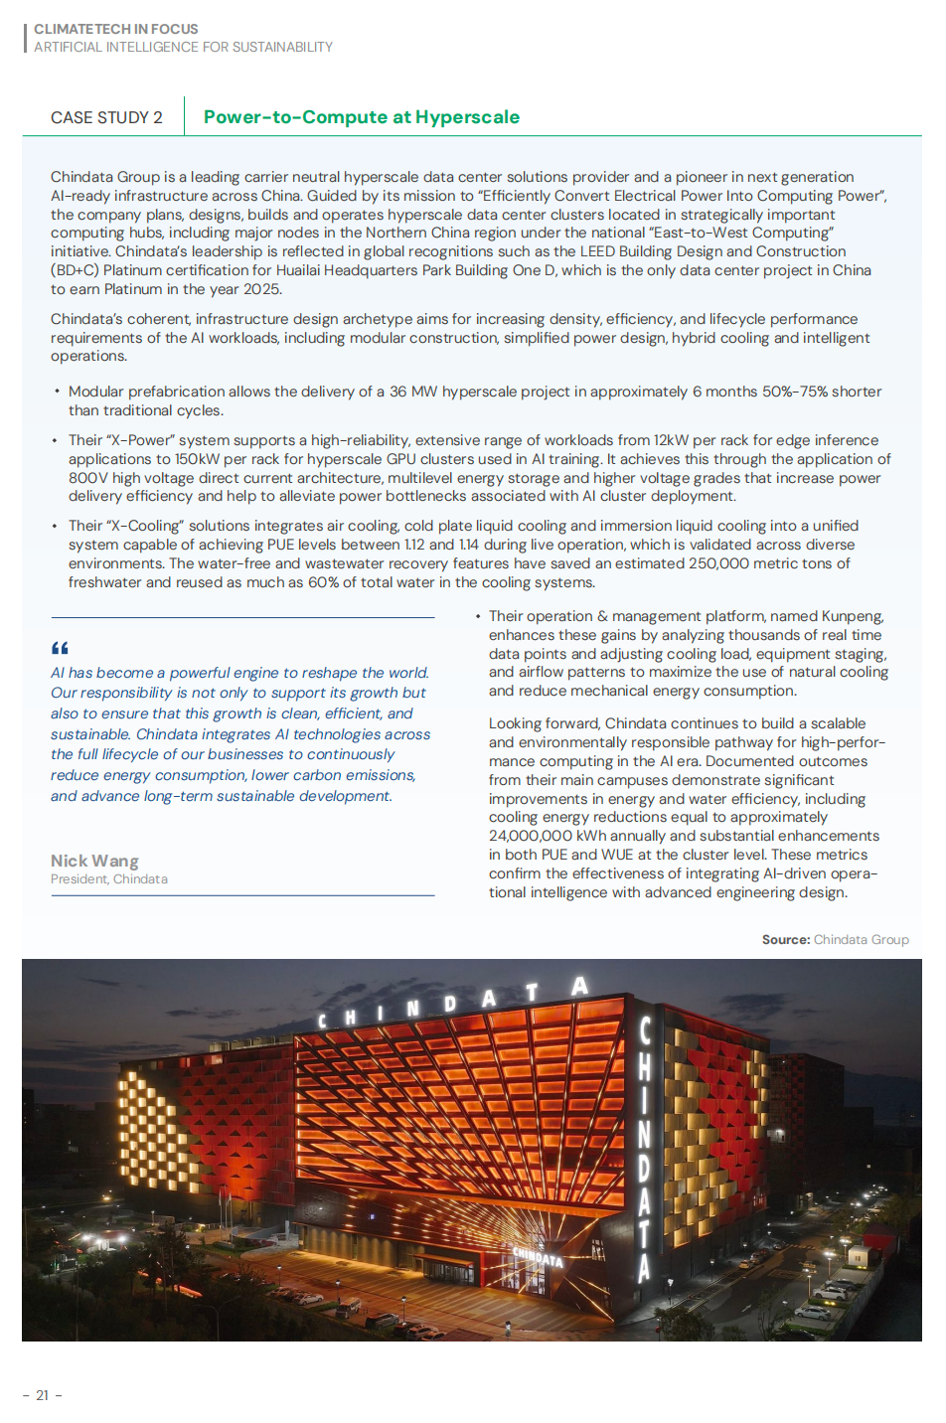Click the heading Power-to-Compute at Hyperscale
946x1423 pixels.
(361, 117)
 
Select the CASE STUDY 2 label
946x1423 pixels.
(106, 118)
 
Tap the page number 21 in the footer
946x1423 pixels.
(42, 1395)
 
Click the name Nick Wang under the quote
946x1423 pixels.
(94, 861)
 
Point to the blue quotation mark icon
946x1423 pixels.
(60, 648)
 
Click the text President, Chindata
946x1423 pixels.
(109, 879)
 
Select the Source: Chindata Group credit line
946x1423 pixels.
(835, 939)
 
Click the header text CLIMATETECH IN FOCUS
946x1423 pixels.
(116, 29)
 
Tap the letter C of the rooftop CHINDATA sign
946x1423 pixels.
(322, 1021)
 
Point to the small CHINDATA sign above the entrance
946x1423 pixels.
(538, 1257)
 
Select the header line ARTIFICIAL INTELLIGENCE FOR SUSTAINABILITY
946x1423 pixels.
(183, 47)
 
